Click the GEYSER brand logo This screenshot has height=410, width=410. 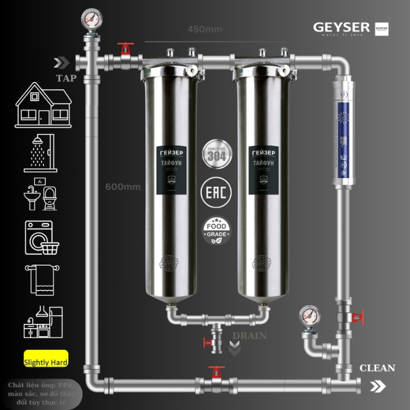[341, 28]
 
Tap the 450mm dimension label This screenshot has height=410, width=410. [204, 29]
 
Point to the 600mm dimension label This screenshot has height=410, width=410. [123, 187]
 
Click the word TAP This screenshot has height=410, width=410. [66, 78]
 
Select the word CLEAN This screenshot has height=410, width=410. [377, 368]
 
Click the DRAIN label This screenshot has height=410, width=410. [249, 336]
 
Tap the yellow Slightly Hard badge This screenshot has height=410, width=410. [46, 362]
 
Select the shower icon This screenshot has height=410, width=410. [40, 153]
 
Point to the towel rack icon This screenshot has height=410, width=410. [40, 279]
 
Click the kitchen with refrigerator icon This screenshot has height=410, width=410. [42, 323]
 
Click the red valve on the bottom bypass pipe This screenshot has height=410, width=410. [217, 373]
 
